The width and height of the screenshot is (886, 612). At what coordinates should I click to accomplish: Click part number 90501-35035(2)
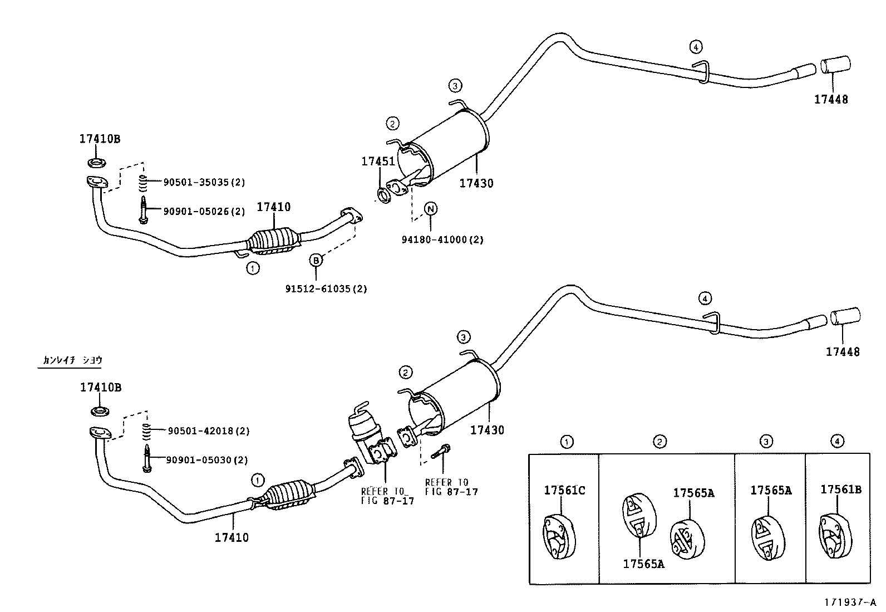coord(204,182)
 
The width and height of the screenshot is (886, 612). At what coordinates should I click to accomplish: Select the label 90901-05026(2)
coord(204,212)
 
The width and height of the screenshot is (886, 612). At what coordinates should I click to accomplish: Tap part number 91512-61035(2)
coord(326,289)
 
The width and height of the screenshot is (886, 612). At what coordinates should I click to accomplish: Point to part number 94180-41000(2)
coord(442,240)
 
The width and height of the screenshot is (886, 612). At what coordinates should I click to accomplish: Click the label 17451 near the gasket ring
coord(378,161)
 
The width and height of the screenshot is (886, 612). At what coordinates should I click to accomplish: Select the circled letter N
coord(431,209)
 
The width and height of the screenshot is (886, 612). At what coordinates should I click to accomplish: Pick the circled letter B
coord(316,260)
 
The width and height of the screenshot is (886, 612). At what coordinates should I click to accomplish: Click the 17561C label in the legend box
coord(564,490)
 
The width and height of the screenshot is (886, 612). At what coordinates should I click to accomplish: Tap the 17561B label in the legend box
coord(841,489)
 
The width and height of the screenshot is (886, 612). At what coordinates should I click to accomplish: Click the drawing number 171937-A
coord(850,602)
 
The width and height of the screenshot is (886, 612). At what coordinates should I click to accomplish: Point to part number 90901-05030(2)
coord(207,460)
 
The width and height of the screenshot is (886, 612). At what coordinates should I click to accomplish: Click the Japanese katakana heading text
coord(72,360)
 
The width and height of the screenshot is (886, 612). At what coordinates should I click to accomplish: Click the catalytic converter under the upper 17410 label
coord(273,242)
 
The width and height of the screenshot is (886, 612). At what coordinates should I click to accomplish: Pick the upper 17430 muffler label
coord(476,183)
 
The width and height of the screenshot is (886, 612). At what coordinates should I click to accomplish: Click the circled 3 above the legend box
coord(766,442)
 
